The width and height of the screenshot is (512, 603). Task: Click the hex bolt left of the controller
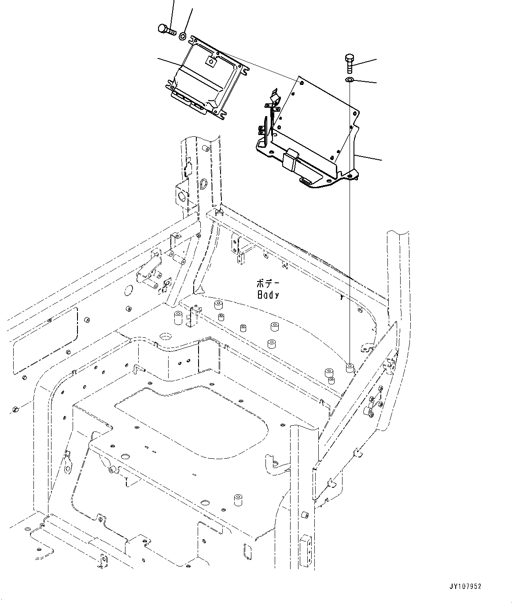tap(166, 29)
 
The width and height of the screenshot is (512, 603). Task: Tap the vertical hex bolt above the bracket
tap(349, 64)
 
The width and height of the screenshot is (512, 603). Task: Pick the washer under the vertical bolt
tap(349, 80)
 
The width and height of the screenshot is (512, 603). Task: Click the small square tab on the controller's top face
tap(211, 62)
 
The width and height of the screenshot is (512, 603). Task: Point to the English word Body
tap(268, 295)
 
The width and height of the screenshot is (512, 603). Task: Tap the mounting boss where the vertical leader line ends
tap(350, 368)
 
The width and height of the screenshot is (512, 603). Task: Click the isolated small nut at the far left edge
tap(16, 409)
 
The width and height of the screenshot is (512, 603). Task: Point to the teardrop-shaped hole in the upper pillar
tap(204, 183)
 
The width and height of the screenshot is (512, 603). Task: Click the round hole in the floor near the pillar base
tap(166, 336)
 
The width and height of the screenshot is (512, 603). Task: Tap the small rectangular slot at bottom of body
tap(247, 549)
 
